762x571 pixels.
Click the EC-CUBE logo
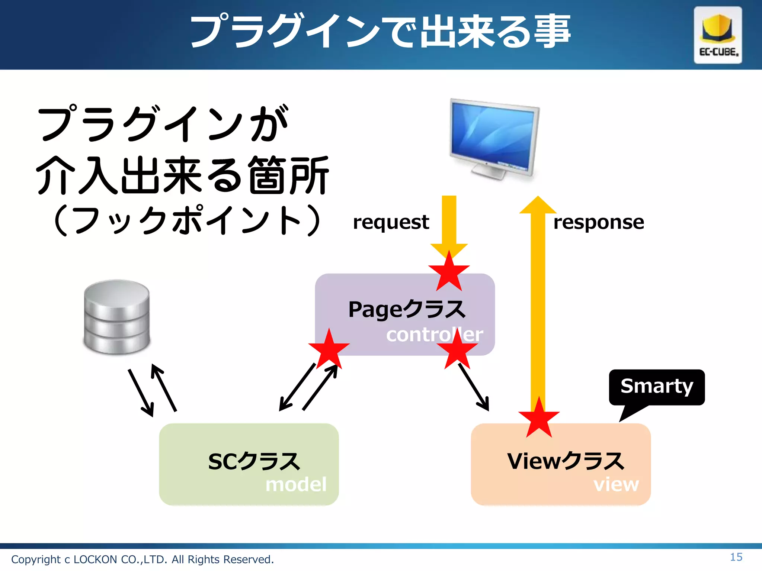[718, 35]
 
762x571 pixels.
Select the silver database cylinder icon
[117, 317]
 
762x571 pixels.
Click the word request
[391, 222]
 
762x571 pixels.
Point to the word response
[598, 222]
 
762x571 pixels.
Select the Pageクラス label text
[407, 309]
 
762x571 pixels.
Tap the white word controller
[434, 335]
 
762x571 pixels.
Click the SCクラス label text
[254, 461]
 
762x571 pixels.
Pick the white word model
[296, 484]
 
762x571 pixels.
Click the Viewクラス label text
[566, 461]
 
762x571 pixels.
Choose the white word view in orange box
[616, 484]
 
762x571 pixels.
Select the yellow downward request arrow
[449, 223]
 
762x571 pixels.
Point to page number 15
[736, 557]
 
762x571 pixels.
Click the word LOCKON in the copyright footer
[95, 559]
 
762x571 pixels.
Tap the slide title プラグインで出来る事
[380, 32]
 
